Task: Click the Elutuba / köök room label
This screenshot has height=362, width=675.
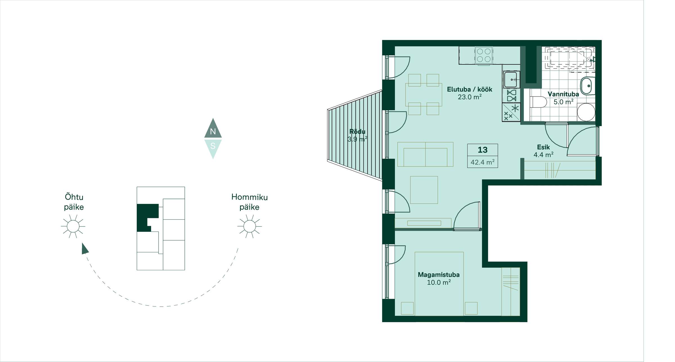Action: (x=469, y=89)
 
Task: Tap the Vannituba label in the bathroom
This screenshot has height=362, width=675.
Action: (x=563, y=94)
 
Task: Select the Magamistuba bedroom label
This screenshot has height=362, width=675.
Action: (x=438, y=275)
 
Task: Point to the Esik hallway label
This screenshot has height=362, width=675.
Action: (x=543, y=147)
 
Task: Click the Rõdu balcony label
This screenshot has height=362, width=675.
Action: (x=357, y=132)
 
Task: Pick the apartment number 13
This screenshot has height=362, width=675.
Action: (x=483, y=150)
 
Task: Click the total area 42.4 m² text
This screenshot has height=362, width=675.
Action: (x=483, y=162)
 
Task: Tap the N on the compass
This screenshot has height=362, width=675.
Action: (x=213, y=131)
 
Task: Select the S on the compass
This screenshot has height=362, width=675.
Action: (x=213, y=146)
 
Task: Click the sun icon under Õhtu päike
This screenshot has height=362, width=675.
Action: (x=73, y=226)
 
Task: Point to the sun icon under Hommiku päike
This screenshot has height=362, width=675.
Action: (x=249, y=226)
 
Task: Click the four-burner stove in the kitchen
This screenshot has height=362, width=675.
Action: (x=484, y=55)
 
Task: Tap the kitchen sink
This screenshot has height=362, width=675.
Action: (x=511, y=80)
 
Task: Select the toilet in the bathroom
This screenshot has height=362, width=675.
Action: (x=538, y=102)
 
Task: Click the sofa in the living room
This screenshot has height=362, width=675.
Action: (x=425, y=154)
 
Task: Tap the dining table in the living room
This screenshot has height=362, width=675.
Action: (x=424, y=95)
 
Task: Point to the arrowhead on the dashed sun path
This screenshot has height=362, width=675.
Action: (x=85, y=249)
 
